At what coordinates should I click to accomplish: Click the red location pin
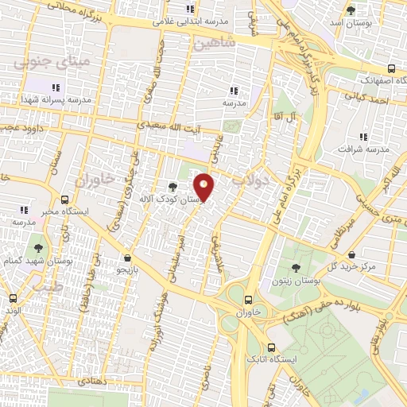point(204,186)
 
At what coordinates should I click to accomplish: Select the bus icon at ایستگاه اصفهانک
point(390,68)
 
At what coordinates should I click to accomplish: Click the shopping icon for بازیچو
point(128,258)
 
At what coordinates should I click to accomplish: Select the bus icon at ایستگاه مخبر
point(64,200)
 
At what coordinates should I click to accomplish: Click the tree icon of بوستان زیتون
point(296,268)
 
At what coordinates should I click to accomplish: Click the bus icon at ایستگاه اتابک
point(273,347)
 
